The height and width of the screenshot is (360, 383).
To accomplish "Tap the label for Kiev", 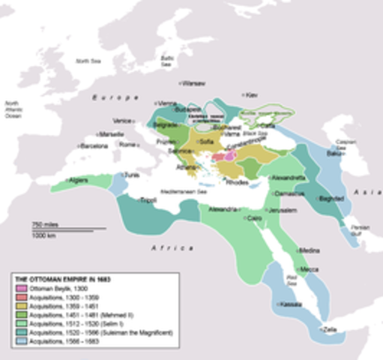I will click(x=252, y=95).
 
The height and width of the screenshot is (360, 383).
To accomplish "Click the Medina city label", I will click(x=310, y=250).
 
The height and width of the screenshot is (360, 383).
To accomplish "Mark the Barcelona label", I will click(x=94, y=145).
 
